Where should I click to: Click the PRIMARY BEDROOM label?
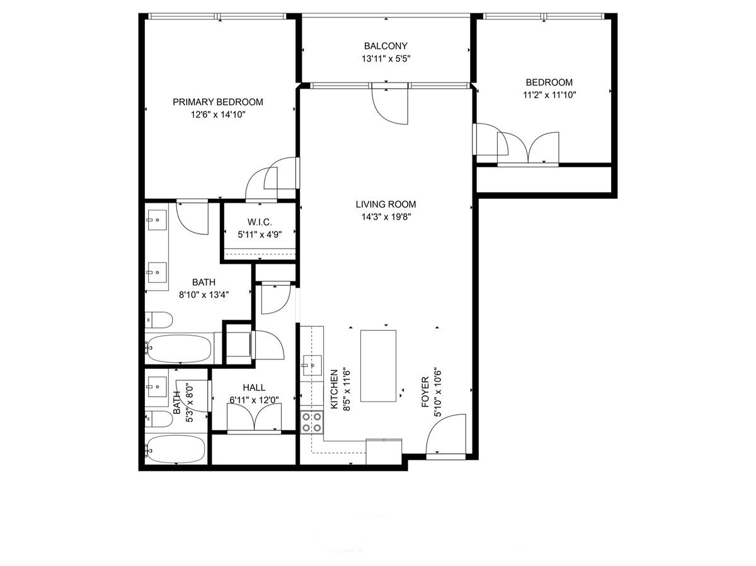pyautogui.click(x=218, y=102)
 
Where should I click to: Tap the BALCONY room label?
pyautogui.click(x=386, y=46)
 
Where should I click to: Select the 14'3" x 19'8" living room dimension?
pyautogui.click(x=386, y=217)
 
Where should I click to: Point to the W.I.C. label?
pyautogui.click(x=260, y=222)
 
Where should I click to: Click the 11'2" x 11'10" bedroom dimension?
pyautogui.click(x=549, y=95)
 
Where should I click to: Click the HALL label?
pyautogui.click(x=254, y=388)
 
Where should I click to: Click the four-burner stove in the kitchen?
pyautogui.click(x=312, y=422)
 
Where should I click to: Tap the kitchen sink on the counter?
pyautogui.click(x=312, y=364)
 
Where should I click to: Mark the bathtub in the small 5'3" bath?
pyautogui.click(x=175, y=450)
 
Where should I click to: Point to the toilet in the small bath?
pyautogui.click(x=157, y=419)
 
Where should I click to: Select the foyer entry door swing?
pyautogui.click(x=447, y=434)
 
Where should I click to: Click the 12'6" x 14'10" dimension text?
pyautogui.click(x=218, y=115)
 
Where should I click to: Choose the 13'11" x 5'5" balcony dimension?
pyautogui.click(x=386, y=59)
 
